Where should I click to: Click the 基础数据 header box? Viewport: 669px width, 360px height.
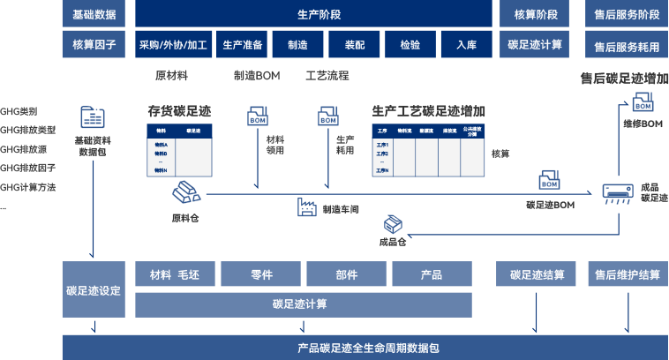pyautogui.click(x=93, y=14)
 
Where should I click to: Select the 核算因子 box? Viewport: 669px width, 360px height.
pyautogui.click(x=93, y=44)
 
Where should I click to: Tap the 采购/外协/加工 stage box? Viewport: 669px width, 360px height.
pyautogui.click(x=173, y=44)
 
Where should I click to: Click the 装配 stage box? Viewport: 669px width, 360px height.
pyautogui.click(x=354, y=44)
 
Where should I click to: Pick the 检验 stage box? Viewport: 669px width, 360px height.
pyautogui.click(x=410, y=44)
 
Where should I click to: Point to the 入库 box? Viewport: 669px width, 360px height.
pyautogui.click(x=466, y=44)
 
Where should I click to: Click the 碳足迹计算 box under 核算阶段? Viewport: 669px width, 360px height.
pyautogui.click(x=535, y=44)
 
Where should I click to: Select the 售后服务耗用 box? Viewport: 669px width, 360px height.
pyautogui.click(x=627, y=45)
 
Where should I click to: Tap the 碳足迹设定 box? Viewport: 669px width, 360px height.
pyautogui.click(x=93, y=290)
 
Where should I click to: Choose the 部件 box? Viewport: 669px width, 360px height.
pyautogui.click(x=347, y=274)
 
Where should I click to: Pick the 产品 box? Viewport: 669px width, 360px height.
pyautogui.click(x=432, y=274)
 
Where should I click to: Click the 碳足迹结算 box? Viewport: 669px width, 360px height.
pyautogui.click(x=537, y=274)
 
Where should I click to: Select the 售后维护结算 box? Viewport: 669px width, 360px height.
pyautogui.click(x=625, y=274)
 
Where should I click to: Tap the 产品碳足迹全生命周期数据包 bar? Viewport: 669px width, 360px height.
pyautogui.click(x=365, y=347)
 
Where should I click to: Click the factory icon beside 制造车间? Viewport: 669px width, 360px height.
pyautogui.click(x=308, y=208)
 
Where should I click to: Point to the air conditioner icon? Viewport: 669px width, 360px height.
pyautogui.click(x=618, y=194)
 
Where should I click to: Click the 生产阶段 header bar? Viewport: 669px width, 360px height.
pyautogui.click(x=312, y=14)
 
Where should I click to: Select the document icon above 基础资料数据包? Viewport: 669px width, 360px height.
pyautogui.click(x=92, y=119)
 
